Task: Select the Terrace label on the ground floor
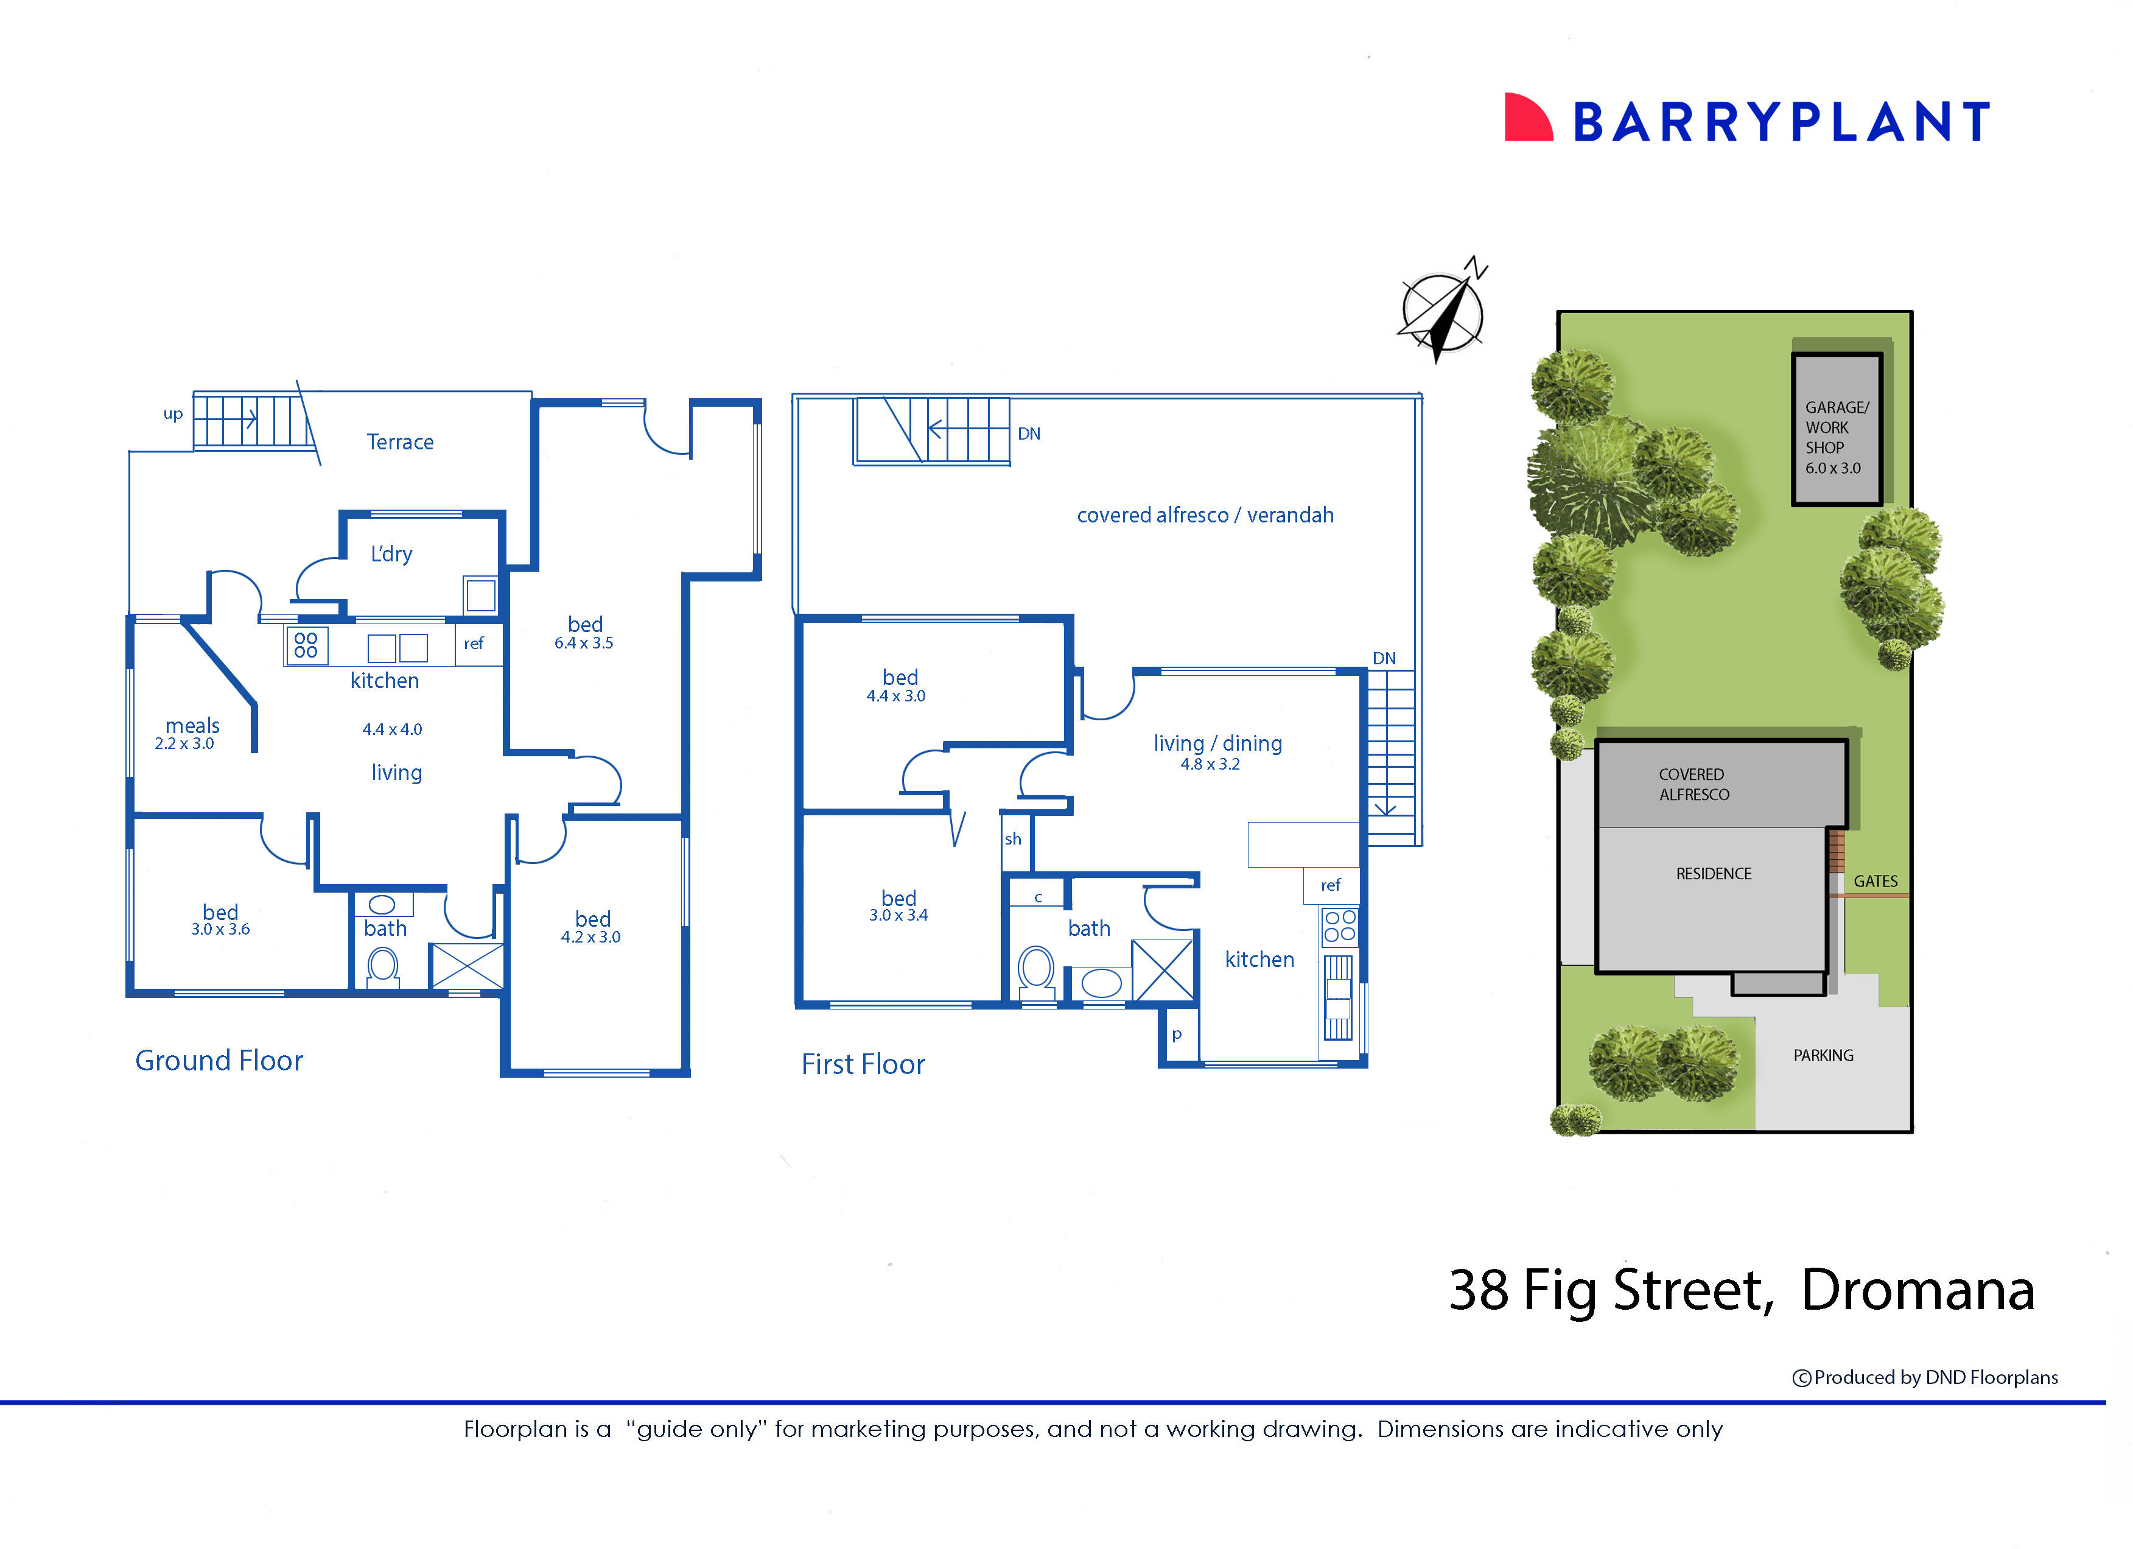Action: (400, 442)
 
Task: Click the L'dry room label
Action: (391, 554)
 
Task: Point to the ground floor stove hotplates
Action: (306, 645)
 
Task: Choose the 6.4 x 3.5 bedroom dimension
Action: (583, 644)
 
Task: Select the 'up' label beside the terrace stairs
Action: (173, 414)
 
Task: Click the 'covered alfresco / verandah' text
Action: (1205, 515)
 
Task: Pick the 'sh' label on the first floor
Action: (1013, 839)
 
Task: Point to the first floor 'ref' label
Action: (1330, 885)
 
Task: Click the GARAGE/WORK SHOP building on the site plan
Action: (1836, 430)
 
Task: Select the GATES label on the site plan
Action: (1876, 881)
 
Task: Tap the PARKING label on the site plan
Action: (1823, 1055)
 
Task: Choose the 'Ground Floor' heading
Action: (219, 1061)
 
